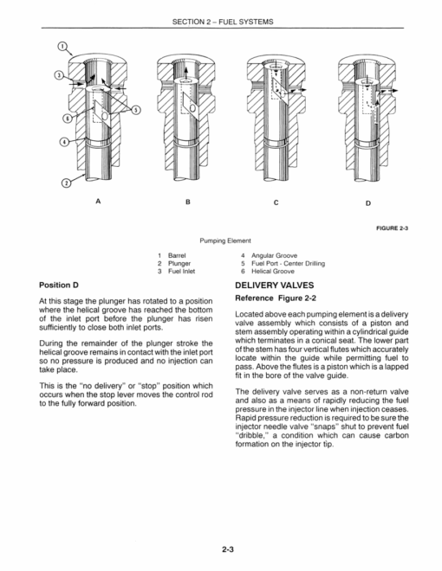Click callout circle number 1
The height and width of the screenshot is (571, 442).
(62, 46)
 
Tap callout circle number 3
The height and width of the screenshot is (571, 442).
(59, 75)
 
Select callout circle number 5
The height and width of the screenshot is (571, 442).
(136, 110)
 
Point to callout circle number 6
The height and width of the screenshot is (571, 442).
(67, 119)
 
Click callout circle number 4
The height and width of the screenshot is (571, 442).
(64, 142)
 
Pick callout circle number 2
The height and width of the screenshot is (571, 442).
(66, 183)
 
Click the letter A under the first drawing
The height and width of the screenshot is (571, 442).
(98, 201)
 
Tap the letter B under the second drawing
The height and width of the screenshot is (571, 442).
(188, 202)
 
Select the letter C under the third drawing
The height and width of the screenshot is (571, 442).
(276, 202)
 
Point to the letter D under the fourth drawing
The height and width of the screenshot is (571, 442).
(368, 203)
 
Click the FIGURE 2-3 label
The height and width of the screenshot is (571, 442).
(392, 228)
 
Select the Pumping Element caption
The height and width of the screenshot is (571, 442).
(225, 241)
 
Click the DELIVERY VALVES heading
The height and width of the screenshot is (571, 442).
(274, 285)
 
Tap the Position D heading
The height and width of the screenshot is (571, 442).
(59, 285)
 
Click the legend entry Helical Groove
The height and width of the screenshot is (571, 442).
(273, 272)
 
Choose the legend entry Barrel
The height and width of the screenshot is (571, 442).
(177, 255)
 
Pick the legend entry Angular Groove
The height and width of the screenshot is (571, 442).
(274, 255)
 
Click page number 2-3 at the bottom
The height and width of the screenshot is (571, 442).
(228, 549)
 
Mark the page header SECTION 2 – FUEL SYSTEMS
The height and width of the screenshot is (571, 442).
(223, 22)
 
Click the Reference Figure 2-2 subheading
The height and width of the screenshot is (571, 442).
(276, 298)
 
